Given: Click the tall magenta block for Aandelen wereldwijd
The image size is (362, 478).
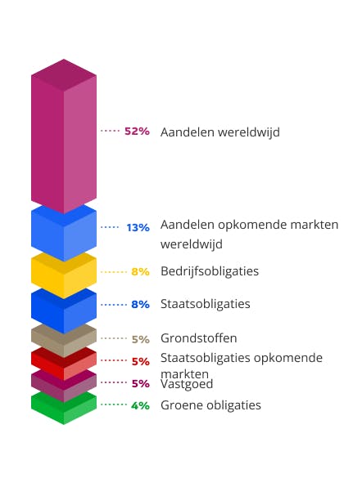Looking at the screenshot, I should [x=64, y=139].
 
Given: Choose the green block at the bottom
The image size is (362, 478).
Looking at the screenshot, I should [x=64, y=409].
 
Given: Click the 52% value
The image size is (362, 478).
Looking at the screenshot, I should [x=137, y=131].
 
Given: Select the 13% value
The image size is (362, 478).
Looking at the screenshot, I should [x=138, y=227].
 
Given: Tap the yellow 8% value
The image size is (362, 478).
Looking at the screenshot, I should [x=140, y=271].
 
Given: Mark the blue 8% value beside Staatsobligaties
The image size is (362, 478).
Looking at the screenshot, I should [x=140, y=304].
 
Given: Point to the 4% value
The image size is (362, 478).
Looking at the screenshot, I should [x=140, y=405].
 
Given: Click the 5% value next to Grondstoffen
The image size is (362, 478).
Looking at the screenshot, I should [x=140, y=338].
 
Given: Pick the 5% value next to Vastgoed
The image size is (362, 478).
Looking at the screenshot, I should [x=140, y=382].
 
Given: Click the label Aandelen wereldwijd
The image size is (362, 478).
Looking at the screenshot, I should [x=219, y=132].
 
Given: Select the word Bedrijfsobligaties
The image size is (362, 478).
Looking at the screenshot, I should [x=210, y=270].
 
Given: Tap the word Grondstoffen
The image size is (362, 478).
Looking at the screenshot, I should [x=199, y=337].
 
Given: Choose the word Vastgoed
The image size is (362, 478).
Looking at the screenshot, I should [x=187, y=382].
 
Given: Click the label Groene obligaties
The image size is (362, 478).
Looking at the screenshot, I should [x=210, y=404].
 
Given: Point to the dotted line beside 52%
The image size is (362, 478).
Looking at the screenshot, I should [x=110, y=131].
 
